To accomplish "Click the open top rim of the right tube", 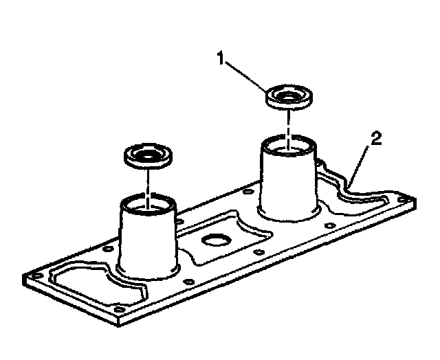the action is tap(288, 144).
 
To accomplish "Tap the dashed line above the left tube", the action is tap(147, 182).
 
